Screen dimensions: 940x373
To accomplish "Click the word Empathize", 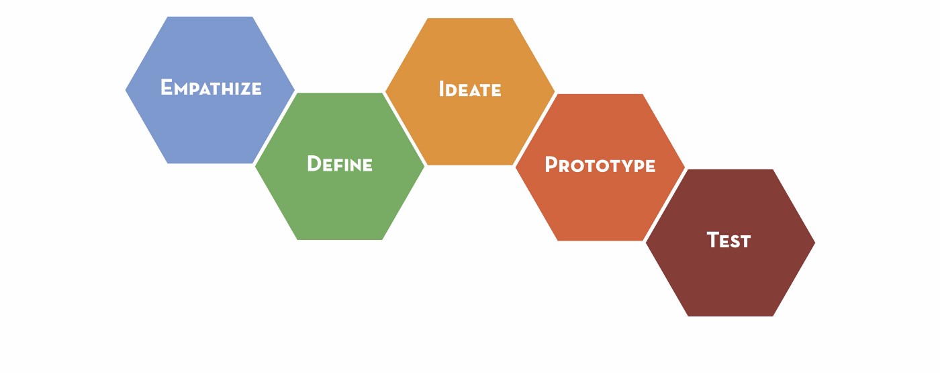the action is click(x=211, y=87).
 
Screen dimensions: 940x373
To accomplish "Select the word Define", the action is click(x=340, y=164).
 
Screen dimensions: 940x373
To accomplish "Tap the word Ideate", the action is click(x=470, y=89).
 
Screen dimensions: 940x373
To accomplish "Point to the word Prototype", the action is click(x=600, y=165).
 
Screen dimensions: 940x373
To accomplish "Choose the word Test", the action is click(x=728, y=241).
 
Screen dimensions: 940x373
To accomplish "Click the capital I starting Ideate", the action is click(x=442, y=89).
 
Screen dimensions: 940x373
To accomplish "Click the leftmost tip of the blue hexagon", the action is click(x=126, y=89).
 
